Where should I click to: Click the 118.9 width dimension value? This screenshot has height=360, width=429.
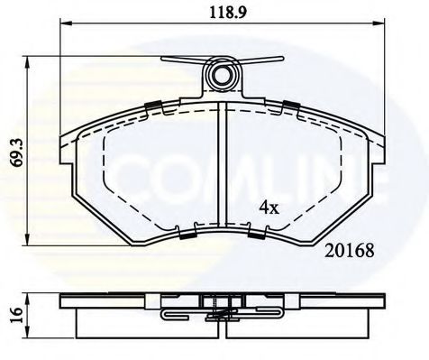(x=228, y=12)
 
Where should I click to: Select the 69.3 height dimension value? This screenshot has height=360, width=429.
(x=18, y=152)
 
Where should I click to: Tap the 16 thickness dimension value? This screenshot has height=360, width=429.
(x=18, y=315)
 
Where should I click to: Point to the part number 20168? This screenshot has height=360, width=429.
(x=350, y=251)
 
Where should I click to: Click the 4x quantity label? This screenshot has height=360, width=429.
(x=269, y=208)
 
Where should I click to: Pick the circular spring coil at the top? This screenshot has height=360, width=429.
(x=223, y=74)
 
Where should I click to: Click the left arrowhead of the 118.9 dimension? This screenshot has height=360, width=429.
(x=66, y=23)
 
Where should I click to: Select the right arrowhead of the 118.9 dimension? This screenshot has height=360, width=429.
(x=379, y=23)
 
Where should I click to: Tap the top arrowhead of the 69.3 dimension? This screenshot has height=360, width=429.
(x=27, y=62)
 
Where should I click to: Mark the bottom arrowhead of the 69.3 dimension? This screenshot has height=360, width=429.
(x=27, y=240)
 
